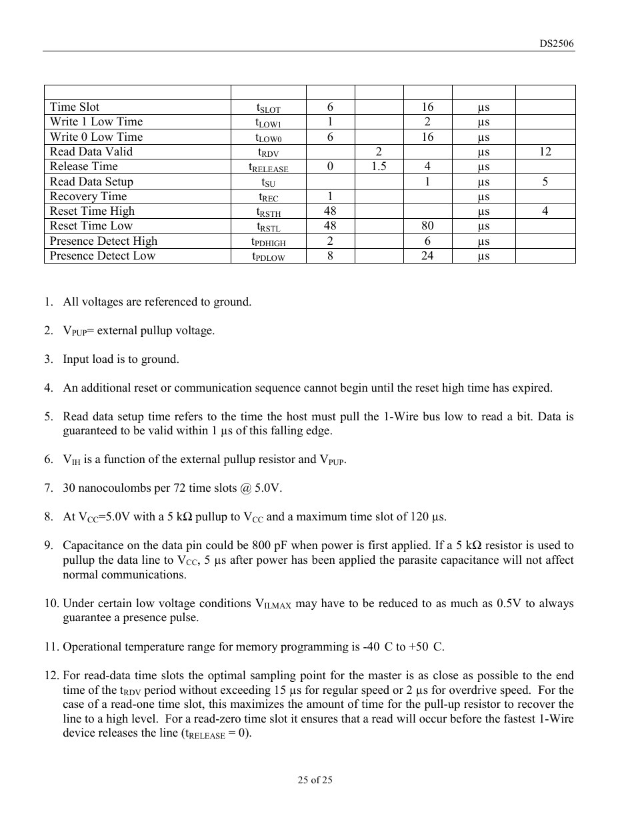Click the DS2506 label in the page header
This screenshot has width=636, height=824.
click(556, 43)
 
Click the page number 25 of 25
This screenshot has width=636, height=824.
click(315, 779)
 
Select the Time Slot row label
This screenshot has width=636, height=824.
click(75, 107)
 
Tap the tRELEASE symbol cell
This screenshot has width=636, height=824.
click(268, 167)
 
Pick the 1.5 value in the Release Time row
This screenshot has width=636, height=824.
click(379, 166)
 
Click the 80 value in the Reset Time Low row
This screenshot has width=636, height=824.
click(427, 226)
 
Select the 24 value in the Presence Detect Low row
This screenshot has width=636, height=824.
click(427, 256)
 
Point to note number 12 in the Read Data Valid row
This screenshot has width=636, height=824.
click(545, 151)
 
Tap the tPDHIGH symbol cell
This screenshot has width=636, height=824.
click(268, 242)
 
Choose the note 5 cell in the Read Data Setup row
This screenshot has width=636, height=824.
click(545, 181)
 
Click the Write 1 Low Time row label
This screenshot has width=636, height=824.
click(96, 121)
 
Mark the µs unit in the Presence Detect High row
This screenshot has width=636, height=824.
click(483, 242)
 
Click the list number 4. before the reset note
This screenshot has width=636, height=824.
click(49, 388)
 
